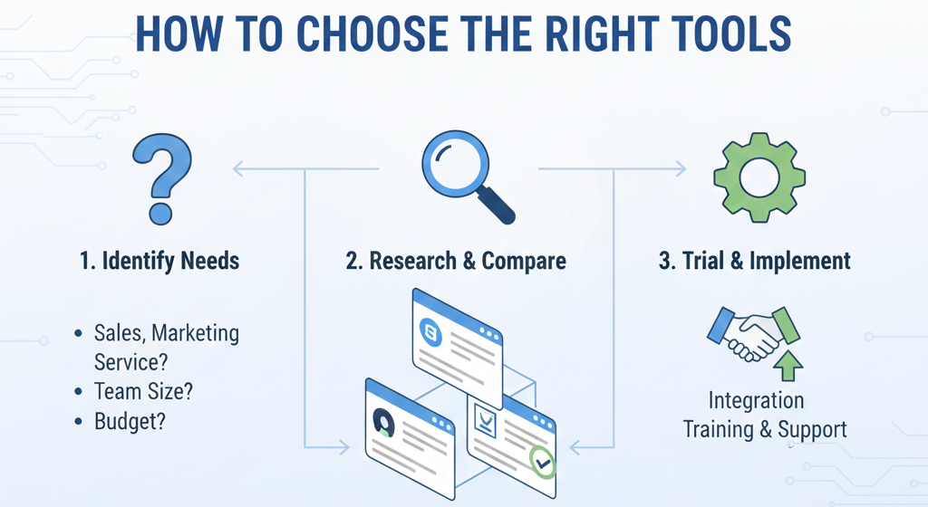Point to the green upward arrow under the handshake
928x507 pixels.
tap(789, 365)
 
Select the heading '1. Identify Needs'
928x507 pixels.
tap(159, 262)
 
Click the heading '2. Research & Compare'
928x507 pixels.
tap(456, 262)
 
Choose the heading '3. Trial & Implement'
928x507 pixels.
tap(755, 262)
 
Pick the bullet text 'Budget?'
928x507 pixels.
tap(130, 421)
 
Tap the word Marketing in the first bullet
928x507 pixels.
tap(196, 333)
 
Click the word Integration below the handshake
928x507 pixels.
tap(756, 400)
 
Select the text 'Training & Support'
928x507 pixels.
tap(765, 428)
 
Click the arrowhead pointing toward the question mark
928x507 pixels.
tap(238, 167)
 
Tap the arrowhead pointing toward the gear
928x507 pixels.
tap(681, 167)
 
